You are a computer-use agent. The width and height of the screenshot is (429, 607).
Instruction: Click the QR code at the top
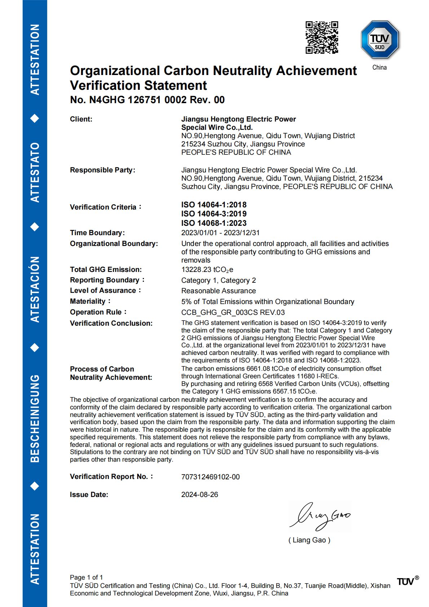tap(322, 38)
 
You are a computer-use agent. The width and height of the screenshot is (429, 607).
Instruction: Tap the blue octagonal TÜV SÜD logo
tap(380, 40)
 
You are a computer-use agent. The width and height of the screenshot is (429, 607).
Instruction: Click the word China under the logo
tap(379, 67)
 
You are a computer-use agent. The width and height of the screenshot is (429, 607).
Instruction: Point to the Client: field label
tap(81, 119)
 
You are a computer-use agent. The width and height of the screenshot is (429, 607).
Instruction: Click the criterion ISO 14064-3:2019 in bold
tap(214, 214)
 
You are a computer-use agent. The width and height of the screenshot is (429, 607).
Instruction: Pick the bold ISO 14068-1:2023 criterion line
tap(214, 223)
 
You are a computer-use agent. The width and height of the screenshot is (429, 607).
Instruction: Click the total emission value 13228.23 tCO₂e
tap(207, 270)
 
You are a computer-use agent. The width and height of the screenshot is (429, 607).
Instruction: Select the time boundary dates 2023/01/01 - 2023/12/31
tap(220, 233)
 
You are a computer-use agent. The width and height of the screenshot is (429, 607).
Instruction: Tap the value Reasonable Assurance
tap(218, 291)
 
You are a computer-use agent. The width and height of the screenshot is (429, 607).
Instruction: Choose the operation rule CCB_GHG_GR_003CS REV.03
tap(233, 313)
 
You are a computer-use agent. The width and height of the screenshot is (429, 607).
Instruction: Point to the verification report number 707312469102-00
tap(210, 477)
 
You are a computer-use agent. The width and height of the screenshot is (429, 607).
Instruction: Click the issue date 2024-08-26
tap(199, 495)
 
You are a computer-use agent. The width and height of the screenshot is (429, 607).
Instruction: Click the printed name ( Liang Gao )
tap(309, 540)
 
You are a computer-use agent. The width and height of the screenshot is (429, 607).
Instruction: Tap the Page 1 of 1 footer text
tap(86, 577)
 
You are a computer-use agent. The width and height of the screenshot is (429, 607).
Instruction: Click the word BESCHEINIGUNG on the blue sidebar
tap(35, 418)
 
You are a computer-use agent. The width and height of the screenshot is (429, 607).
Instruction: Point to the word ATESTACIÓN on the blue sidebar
tap(35, 289)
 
